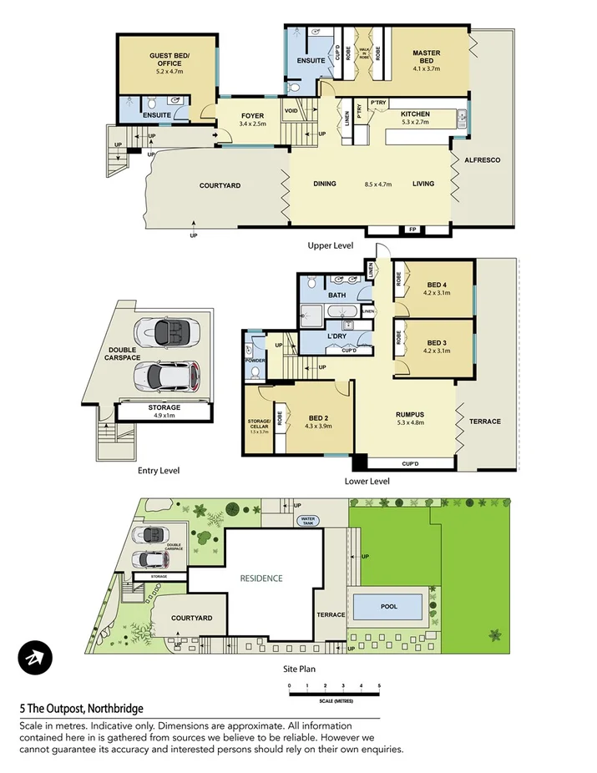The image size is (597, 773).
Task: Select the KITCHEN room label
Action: [x=415, y=114]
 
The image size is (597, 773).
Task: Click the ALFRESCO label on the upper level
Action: [x=483, y=159]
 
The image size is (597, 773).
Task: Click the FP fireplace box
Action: [x=412, y=229]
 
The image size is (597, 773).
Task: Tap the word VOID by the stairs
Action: [x=291, y=110]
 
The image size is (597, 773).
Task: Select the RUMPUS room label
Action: [x=410, y=415]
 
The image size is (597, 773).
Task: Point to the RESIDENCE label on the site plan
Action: [x=261, y=578]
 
